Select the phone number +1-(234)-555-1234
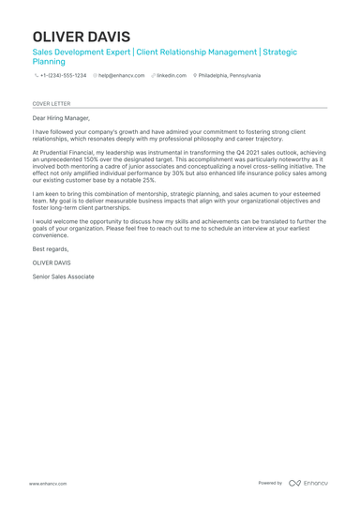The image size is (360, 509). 63,75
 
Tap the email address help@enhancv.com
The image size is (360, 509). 122,75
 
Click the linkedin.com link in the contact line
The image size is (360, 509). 172,75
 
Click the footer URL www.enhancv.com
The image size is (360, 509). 47,483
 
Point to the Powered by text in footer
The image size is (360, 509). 270,483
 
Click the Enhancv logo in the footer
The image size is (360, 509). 308,483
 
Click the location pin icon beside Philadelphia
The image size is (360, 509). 195,75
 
